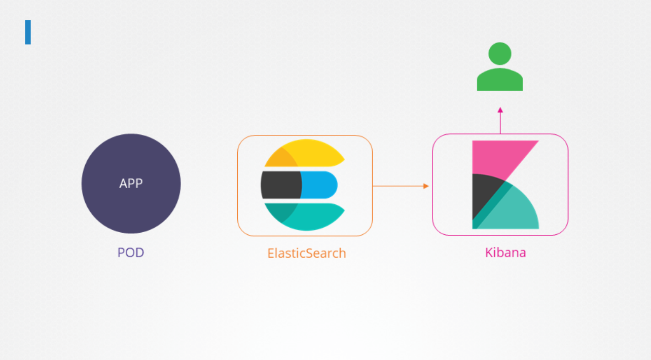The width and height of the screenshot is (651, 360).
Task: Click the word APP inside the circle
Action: (131, 184)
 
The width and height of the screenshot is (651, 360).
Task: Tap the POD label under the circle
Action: (131, 252)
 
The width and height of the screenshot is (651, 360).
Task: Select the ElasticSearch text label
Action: (307, 253)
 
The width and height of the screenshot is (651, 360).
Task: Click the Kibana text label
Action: (505, 253)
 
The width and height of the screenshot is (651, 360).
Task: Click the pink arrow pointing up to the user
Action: (500, 122)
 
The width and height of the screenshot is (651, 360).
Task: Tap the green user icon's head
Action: (500, 53)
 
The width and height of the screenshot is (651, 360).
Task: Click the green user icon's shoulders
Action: (500, 81)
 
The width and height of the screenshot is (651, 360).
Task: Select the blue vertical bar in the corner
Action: (28, 32)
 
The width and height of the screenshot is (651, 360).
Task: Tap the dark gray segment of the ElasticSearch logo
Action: (280, 185)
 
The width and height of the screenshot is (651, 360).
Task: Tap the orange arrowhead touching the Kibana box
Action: (426, 186)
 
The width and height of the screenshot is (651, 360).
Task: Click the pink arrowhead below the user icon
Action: (500, 110)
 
